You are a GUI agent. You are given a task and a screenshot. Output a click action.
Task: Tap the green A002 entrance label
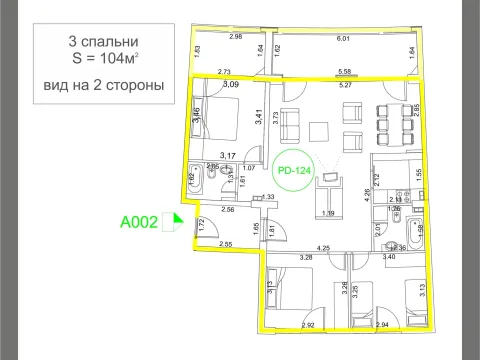click(140, 222)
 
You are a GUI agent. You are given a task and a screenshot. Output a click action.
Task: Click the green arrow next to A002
click(178, 222)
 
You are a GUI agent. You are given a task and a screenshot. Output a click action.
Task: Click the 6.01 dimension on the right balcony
click(342, 39)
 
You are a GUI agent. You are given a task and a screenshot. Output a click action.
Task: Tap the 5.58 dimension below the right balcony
click(343, 72)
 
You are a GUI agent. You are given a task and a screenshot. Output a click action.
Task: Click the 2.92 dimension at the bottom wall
click(311, 325)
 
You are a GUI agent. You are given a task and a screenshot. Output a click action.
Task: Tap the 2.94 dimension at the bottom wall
click(379, 325)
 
